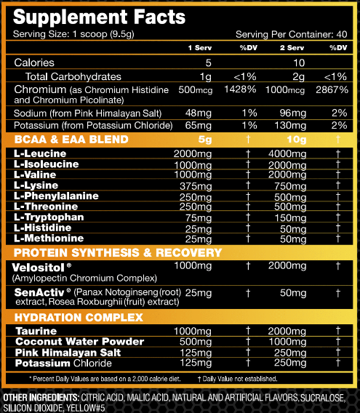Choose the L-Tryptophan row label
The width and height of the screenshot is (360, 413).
47,217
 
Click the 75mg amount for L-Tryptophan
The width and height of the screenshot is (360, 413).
199,217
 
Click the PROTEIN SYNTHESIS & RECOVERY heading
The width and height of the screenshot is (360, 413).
117,253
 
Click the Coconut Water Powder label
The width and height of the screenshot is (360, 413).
70,342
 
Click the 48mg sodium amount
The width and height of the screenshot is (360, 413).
198,113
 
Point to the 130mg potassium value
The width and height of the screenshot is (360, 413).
287,125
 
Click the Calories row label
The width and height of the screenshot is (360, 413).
34,63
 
